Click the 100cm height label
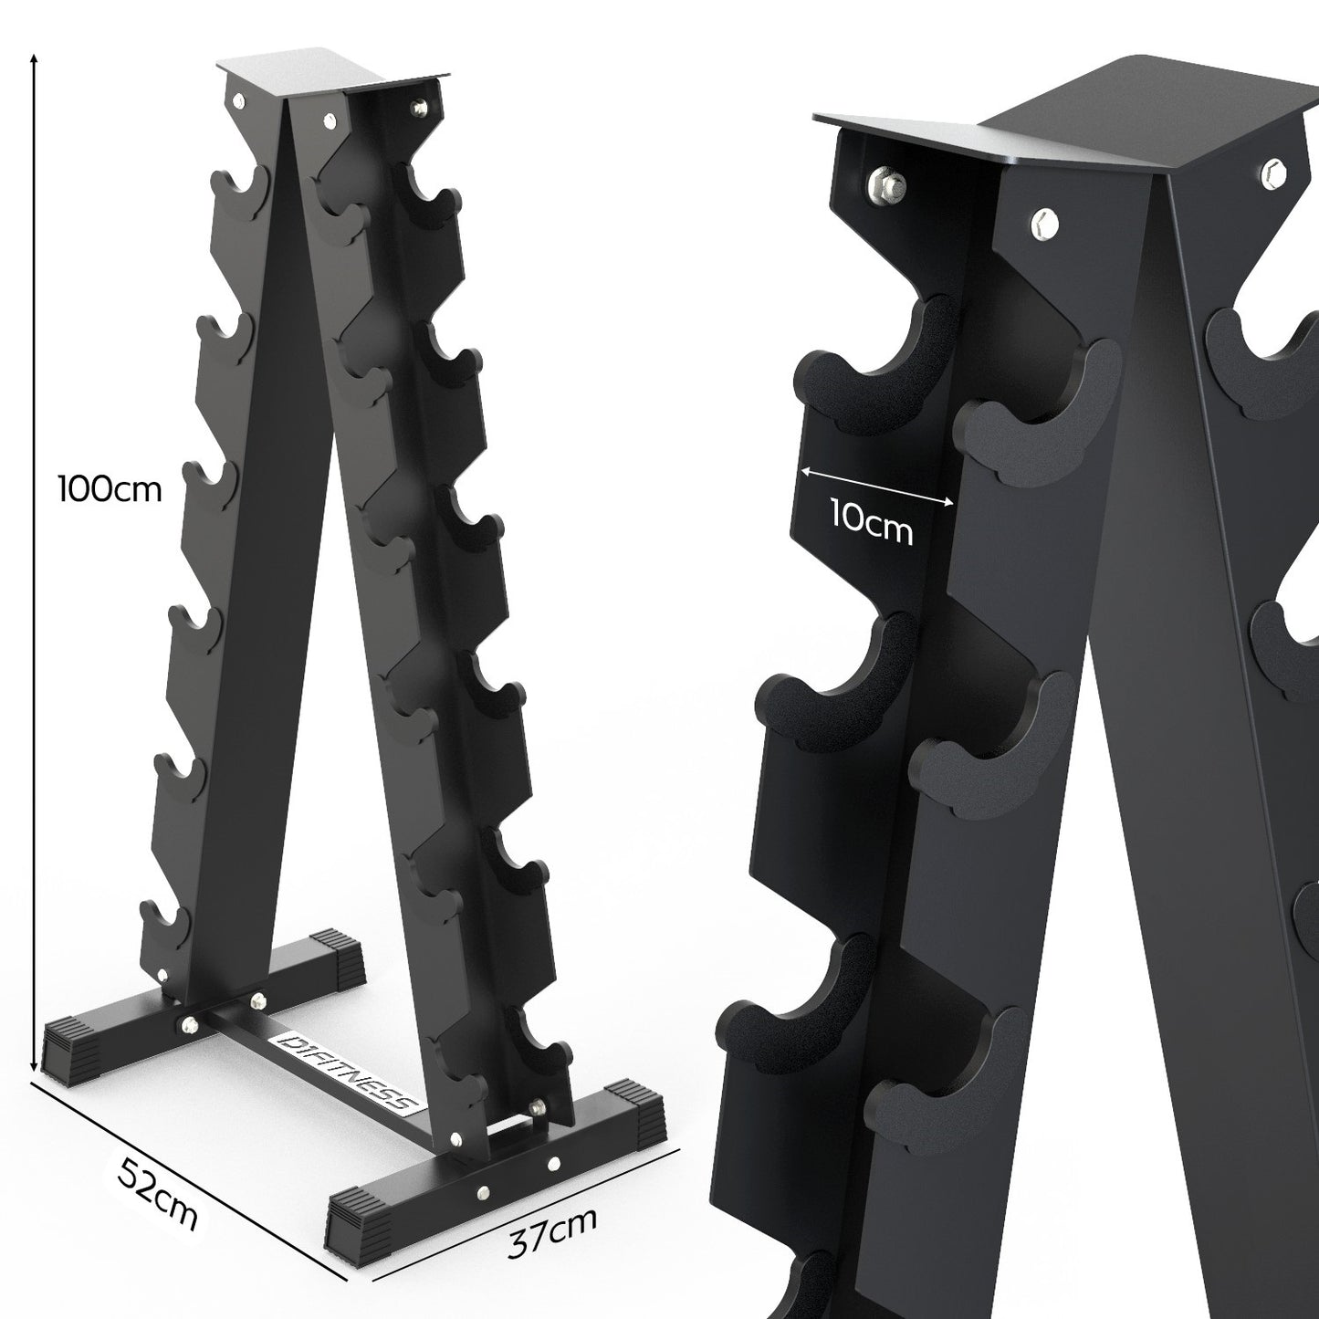(x=109, y=489)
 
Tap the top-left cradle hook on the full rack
(x=239, y=186)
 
